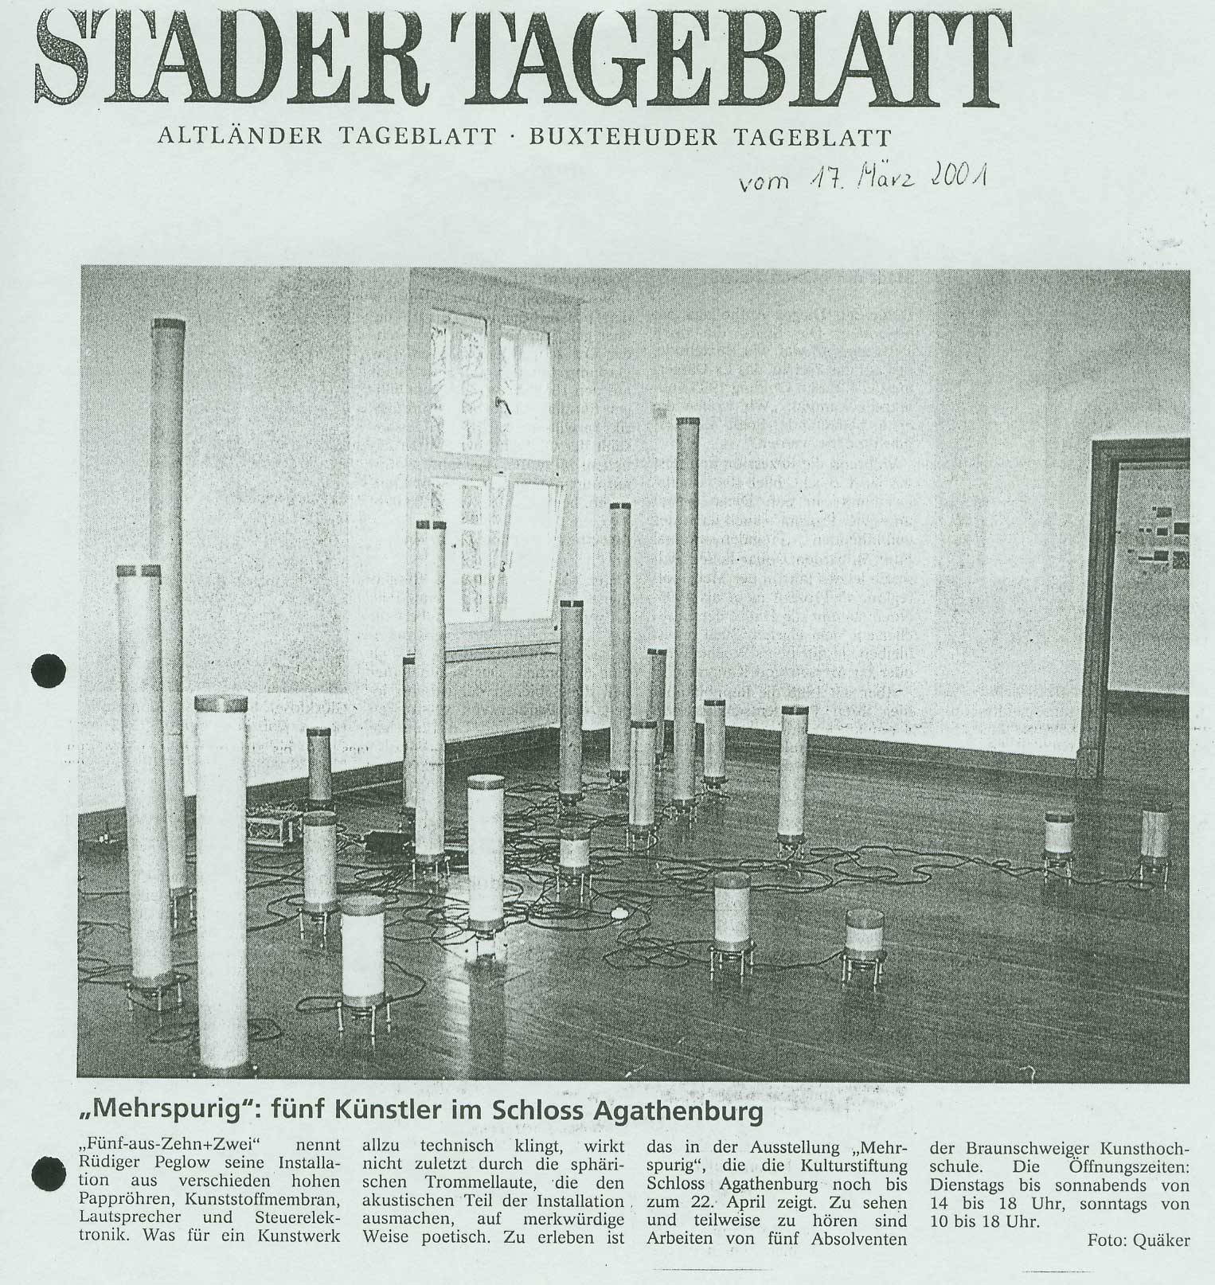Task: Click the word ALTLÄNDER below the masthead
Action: point(238,138)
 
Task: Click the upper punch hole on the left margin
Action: point(49,670)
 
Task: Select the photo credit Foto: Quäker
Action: point(1138,1262)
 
